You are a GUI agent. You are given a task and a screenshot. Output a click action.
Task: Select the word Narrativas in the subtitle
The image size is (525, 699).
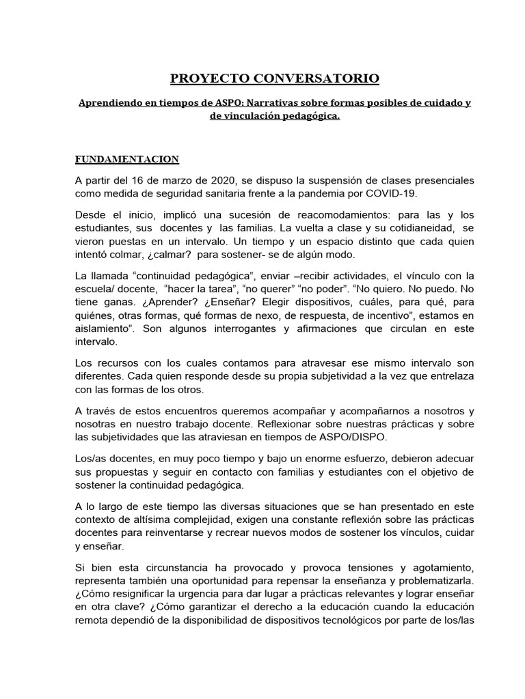pyautogui.click(x=282, y=103)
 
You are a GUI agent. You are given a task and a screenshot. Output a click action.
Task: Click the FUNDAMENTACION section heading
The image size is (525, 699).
pyautogui.click(x=126, y=159)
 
